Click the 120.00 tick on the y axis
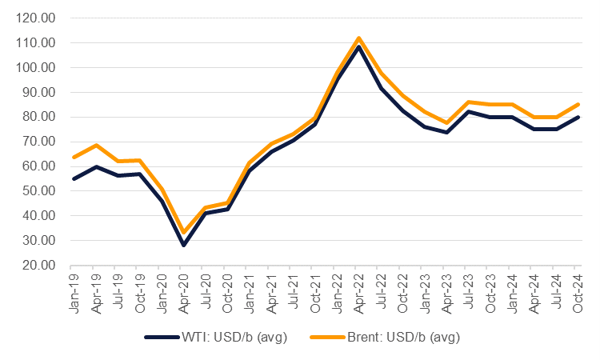coord(38,18)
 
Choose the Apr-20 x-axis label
coord(182,287)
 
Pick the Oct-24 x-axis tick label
coord(578,287)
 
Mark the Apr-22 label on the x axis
coord(358,287)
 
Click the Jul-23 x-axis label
coord(468,287)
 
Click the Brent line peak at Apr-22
coord(358,38)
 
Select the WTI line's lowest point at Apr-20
coord(183,245)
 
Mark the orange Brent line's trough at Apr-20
coord(183,232)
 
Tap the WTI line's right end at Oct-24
coord(578,117)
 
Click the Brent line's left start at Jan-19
coord(73,157)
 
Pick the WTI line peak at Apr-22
coord(358,46)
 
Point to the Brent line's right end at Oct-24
coord(578,104)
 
